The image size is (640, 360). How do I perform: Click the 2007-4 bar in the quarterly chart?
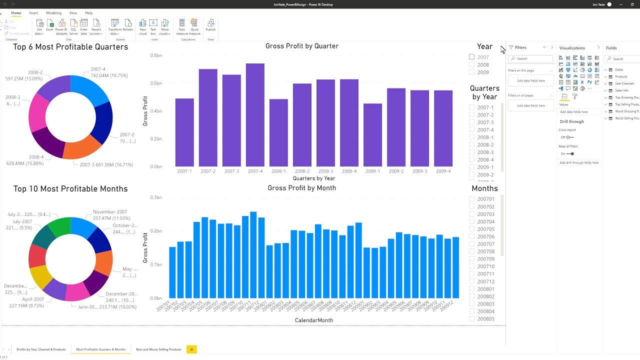(255, 115)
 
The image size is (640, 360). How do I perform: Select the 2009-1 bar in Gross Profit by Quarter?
(372, 135)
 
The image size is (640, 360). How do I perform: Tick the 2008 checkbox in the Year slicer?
(471, 64)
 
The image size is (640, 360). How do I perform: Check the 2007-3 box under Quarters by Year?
(471, 122)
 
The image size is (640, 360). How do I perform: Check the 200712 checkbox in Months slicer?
(471, 281)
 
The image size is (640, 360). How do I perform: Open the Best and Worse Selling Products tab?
(158, 349)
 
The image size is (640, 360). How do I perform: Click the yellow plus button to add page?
(191, 349)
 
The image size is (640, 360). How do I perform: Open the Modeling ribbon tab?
(53, 13)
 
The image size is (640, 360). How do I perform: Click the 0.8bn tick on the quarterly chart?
(155, 55)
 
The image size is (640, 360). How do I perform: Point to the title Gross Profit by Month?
(301, 188)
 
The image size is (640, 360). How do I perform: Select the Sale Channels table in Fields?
(624, 83)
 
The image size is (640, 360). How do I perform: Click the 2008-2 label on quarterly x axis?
(302, 171)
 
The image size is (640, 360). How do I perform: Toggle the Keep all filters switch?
(570, 154)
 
